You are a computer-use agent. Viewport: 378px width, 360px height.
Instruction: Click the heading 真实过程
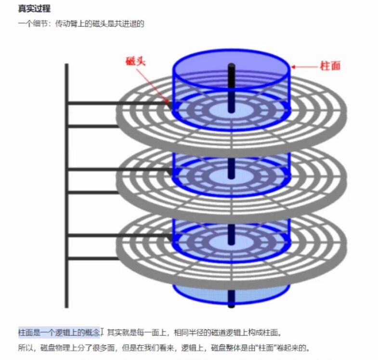[x=34, y=9]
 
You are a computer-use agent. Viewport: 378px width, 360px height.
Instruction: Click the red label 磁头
[x=135, y=61]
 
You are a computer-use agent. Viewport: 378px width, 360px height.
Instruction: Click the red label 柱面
[x=330, y=66]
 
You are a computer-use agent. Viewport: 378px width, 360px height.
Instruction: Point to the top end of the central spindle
[x=231, y=66]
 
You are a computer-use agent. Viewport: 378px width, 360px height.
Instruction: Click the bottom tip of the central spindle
[x=231, y=305]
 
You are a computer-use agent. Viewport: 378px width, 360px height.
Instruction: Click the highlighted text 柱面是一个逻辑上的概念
[x=59, y=333]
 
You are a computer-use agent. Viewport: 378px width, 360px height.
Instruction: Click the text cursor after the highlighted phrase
[x=103, y=333]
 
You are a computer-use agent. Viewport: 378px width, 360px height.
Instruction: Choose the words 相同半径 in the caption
[x=184, y=333]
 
